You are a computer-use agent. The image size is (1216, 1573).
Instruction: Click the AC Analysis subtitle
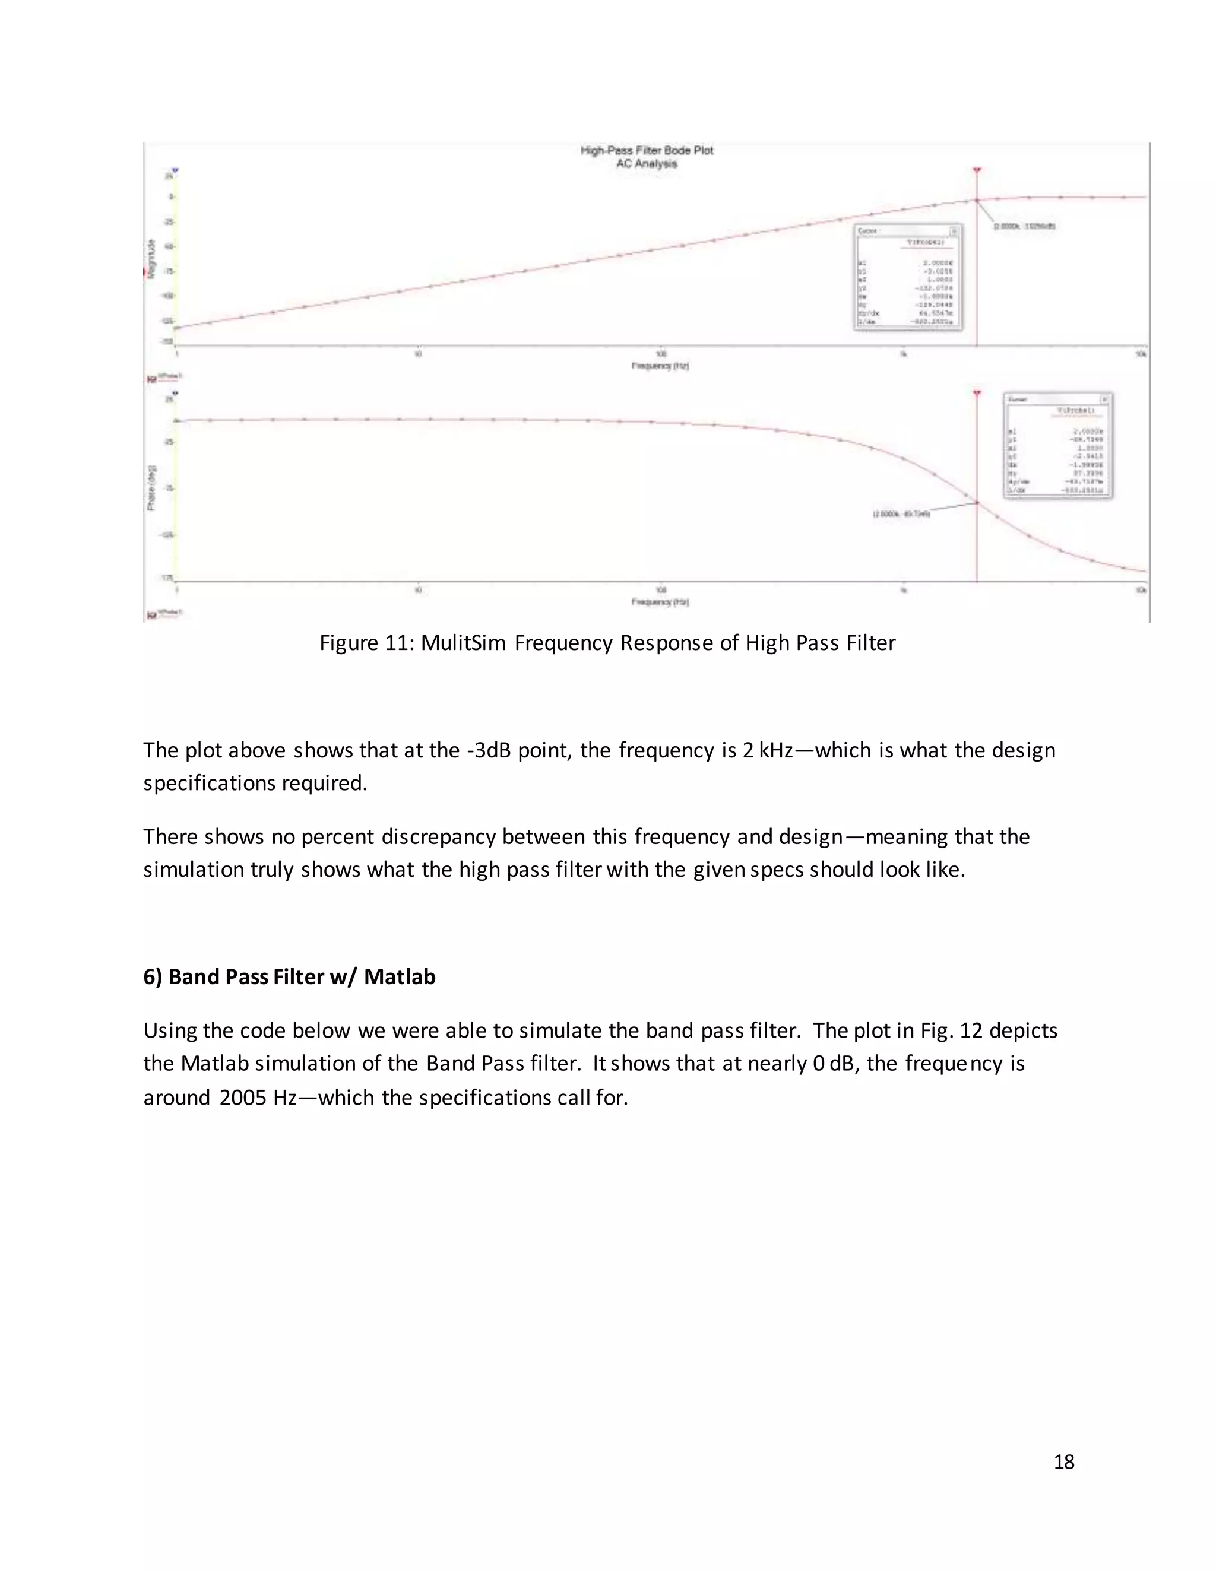tap(646, 163)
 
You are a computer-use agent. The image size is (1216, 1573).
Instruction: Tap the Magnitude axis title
tap(151, 259)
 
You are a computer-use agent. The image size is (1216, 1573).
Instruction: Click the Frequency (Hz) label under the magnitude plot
tap(660, 366)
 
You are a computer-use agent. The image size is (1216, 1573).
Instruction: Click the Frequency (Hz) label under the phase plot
tap(660, 601)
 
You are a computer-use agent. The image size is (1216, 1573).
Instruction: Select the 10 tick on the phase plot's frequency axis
tap(418, 590)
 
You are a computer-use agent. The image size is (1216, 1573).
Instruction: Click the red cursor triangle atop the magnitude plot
tap(977, 171)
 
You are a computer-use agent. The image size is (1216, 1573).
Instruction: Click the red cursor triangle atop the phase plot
tap(977, 393)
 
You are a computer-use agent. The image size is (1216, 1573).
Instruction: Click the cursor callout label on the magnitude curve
tap(1024, 226)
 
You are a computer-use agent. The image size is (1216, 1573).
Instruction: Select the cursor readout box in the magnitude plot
tap(908, 277)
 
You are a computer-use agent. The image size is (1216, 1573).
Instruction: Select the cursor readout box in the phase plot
tap(1057, 446)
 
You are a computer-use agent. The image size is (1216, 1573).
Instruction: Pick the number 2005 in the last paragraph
tap(243, 1098)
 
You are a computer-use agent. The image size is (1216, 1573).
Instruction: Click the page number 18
tap(1063, 1462)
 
